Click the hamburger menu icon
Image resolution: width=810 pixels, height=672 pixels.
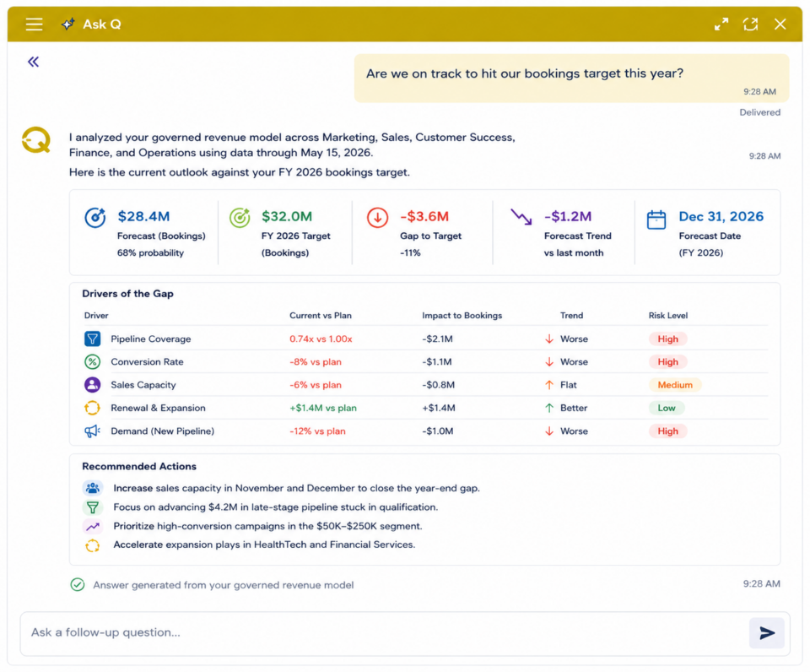coord(34,24)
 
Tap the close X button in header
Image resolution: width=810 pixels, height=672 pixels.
coord(780,24)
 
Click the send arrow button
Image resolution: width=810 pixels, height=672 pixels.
coord(767,632)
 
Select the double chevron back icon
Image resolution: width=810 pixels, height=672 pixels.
coord(34,62)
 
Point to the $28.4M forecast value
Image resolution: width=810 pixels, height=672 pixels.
coord(143,216)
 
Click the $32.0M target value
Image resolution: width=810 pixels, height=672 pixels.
coord(287,216)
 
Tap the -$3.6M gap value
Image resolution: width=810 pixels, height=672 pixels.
coord(424,216)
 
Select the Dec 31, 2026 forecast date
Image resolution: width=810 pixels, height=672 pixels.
coord(721,216)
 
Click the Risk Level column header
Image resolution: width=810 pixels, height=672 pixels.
coord(668,316)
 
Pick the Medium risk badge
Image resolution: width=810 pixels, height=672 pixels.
coord(675,385)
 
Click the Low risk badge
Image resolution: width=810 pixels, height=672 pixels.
coord(667,408)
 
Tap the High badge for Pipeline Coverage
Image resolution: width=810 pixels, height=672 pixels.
coord(667,339)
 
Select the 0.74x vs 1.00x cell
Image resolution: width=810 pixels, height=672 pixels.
coord(321,339)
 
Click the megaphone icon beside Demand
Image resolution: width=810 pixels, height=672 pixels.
coord(93,431)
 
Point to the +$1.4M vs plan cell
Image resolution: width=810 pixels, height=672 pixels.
coord(323,408)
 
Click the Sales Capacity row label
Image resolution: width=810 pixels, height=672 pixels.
coord(143,385)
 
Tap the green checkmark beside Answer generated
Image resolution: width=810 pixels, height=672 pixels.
coord(78,585)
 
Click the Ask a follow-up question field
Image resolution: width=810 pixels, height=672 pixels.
coord(382,632)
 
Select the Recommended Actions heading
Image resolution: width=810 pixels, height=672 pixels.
coord(139,466)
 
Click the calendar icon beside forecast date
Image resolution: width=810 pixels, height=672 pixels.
coord(656,219)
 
